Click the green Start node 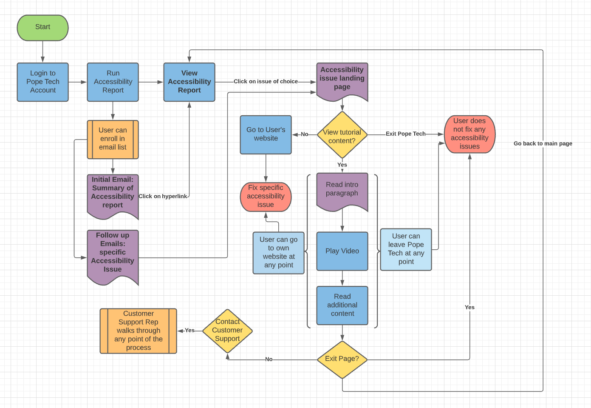[x=42, y=28]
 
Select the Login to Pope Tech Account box [x=42, y=82]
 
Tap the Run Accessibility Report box [x=113, y=82]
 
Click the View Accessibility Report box [x=189, y=82]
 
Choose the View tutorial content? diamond [x=342, y=135]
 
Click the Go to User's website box [x=266, y=134]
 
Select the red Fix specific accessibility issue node [x=266, y=197]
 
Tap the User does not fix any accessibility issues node [x=469, y=134]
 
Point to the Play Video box [x=342, y=251]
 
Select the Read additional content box [x=342, y=305]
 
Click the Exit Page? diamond [x=342, y=359]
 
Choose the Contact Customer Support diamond [x=227, y=331]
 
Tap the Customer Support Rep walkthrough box [x=138, y=331]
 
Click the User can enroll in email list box [x=113, y=139]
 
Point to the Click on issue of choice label [x=266, y=82]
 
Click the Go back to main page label [x=543, y=144]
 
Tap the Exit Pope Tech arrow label [x=405, y=134]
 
